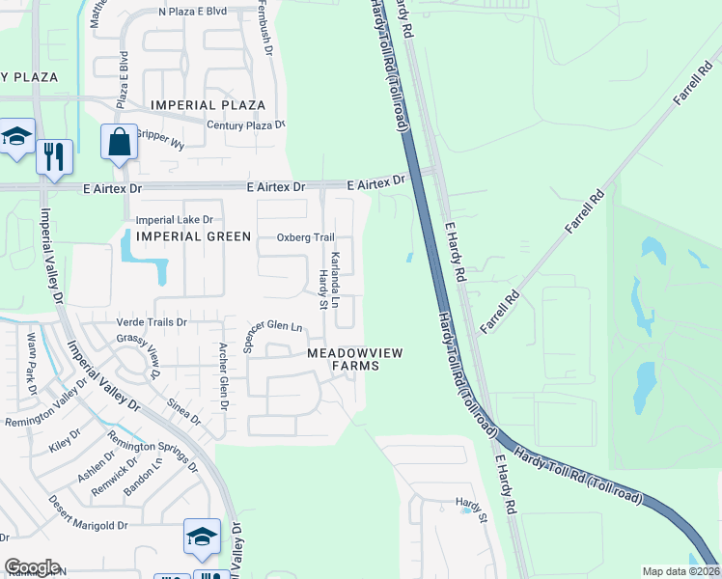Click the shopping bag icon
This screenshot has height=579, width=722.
coord(119,142)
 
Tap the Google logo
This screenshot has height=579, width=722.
coord(32,567)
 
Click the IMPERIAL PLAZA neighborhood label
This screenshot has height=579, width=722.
coord(208,105)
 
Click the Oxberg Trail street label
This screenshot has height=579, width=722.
coord(305,237)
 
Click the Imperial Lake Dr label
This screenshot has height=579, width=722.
coord(174,219)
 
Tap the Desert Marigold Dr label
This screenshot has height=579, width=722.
coord(88,527)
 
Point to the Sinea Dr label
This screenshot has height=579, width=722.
coord(183,412)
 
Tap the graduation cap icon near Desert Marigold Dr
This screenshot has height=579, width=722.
coord(202,538)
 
